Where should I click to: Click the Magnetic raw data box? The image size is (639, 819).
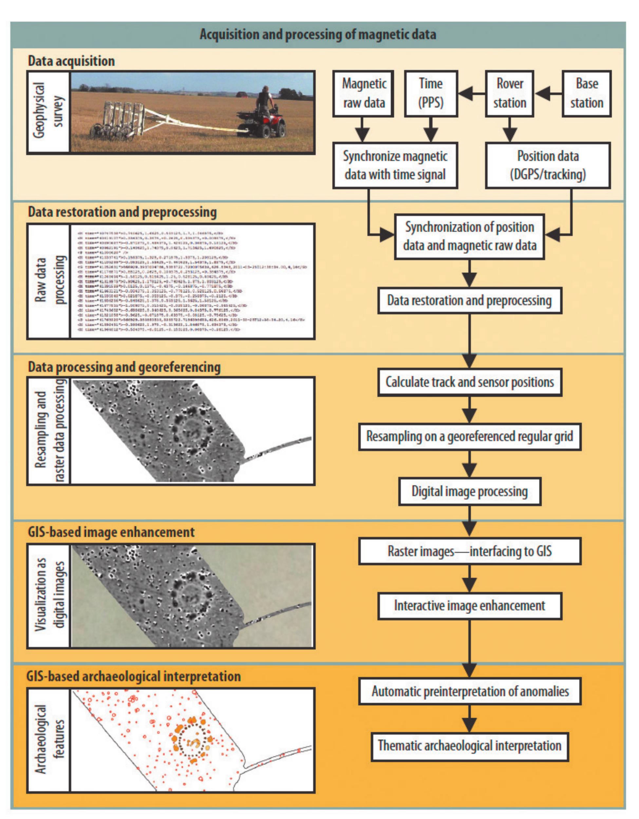pos(363,93)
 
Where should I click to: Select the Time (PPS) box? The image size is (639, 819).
pos(431,93)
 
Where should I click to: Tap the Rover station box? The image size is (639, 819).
pos(510,93)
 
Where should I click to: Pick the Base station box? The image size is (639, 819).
pos(587,93)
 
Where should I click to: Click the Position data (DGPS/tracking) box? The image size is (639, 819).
pos(548,165)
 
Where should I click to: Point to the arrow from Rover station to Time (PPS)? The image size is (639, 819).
pos(471,93)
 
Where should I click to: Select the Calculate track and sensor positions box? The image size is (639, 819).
pos(470,382)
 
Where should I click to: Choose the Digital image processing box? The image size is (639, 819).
pos(470,491)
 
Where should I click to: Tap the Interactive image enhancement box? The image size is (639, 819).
pos(470,606)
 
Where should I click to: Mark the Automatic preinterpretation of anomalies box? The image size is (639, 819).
pos(470,691)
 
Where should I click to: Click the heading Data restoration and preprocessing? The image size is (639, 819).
pos(122,212)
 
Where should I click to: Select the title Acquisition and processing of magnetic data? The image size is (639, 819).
pos(318,34)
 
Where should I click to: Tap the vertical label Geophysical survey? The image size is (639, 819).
pos(48,111)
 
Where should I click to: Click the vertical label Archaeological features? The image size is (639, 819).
pos(48,740)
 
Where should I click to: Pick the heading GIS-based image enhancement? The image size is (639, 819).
pos(111,532)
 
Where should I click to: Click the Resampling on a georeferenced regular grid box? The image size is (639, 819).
pos(470,437)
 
